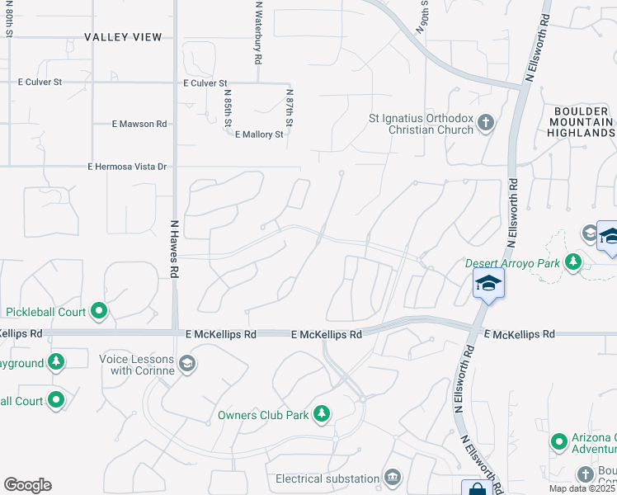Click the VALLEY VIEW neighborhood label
click(x=123, y=37)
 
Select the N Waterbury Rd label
click(x=258, y=33)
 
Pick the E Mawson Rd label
click(x=139, y=124)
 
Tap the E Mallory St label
click(x=259, y=134)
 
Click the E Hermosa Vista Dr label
click(x=127, y=167)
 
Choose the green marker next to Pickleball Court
click(x=100, y=311)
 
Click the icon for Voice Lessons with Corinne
click(x=187, y=364)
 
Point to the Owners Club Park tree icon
click(x=321, y=414)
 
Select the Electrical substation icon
click(x=392, y=478)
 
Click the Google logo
click(x=27, y=485)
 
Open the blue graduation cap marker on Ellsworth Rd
click(x=488, y=285)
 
